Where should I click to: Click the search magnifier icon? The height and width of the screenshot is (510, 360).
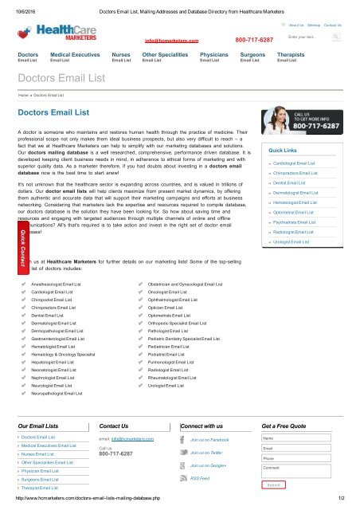point(337,37)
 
